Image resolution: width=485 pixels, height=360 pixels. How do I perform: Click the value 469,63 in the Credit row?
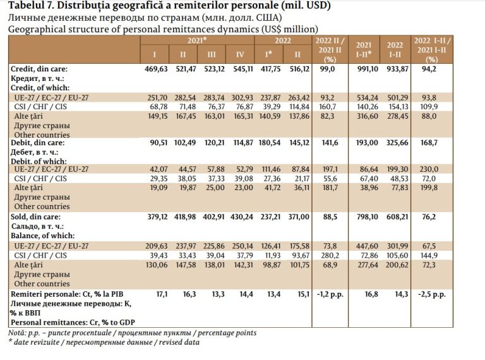(156, 69)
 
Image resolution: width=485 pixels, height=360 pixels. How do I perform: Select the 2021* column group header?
(197, 40)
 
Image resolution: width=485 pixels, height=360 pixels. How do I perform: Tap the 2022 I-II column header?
(395, 49)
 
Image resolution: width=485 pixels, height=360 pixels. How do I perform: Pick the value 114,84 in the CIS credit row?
(299, 107)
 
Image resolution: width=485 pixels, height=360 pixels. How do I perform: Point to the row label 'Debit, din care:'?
(37, 143)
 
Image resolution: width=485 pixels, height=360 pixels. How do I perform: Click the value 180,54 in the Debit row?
(270, 143)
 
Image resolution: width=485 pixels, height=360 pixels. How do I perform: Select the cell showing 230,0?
(429, 169)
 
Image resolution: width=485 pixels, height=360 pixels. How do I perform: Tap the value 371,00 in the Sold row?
(299, 217)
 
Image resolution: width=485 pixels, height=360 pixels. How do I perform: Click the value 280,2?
(330, 255)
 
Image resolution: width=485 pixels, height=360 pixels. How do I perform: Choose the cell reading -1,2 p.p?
(330, 294)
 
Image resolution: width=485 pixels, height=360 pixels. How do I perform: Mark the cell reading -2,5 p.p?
(432, 294)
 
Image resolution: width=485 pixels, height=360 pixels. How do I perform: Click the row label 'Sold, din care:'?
(35, 217)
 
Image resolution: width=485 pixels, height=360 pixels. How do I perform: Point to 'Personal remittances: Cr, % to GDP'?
(73, 322)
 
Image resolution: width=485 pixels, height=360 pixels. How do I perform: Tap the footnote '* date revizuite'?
(35, 342)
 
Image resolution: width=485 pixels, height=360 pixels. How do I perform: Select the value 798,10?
(368, 217)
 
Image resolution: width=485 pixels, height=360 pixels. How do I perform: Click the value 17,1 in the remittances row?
(162, 294)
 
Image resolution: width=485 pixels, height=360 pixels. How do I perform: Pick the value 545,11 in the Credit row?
(242, 69)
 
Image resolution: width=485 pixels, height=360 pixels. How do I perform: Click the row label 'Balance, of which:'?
(43, 236)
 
